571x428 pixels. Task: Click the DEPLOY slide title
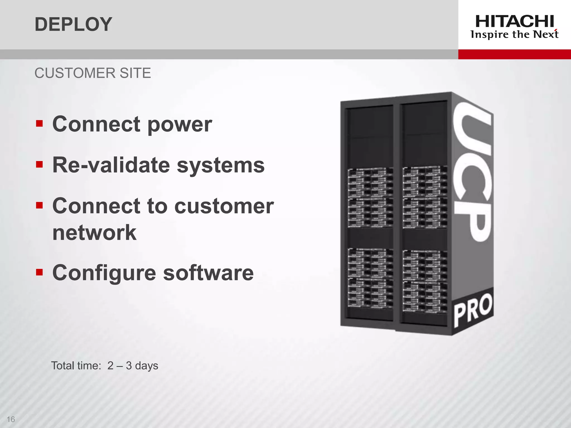(73, 24)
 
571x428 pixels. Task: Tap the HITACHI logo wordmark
(514, 21)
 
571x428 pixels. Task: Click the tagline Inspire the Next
(514, 35)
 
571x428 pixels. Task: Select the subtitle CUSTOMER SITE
(93, 73)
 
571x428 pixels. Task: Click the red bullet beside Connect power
(39, 123)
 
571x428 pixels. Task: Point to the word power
(180, 125)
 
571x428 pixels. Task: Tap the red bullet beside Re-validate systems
(39, 164)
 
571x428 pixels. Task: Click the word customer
(224, 206)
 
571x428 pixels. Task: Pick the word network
(94, 233)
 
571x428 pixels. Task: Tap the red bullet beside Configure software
(39, 272)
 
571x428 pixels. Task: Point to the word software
(208, 273)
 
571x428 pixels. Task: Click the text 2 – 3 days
(133, 366)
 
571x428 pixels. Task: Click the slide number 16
(11, 419)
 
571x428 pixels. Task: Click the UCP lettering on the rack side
(471, 173)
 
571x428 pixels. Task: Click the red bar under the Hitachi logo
(514, 54)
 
